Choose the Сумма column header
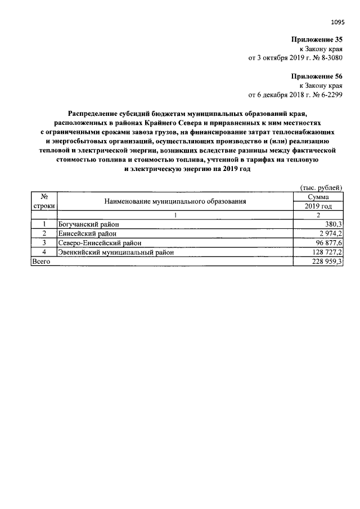(318, 197)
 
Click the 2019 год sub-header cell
(318, 206)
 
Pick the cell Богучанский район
(88, 224)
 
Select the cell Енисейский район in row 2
(87, 233)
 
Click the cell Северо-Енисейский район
(100, 243)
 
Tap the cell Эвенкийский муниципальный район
(116, 253)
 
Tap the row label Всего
(42, 262)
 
